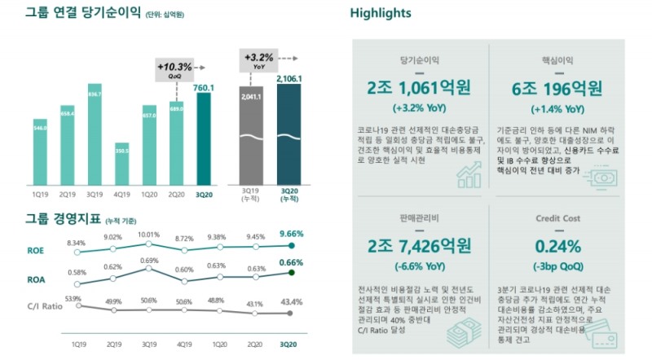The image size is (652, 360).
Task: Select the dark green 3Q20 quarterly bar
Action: [x=203, y=138]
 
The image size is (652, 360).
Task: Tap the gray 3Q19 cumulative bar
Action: [x=251, y=134]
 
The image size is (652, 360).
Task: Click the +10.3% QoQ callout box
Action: [x=175, y=69]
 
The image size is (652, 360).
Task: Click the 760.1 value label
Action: [x=204, y=87]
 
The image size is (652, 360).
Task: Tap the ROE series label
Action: [x=37, y=252]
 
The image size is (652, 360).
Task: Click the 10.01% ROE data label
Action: [x=148, y=235]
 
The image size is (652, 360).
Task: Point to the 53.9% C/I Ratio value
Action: [x=74, y=299]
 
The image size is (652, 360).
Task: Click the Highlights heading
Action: [x=381, y=13]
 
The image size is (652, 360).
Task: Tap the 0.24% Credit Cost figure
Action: [x=557, y=245]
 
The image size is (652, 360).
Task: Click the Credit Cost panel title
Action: [x=557, y=218]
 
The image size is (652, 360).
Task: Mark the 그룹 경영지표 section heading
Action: [x=55, y=219]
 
